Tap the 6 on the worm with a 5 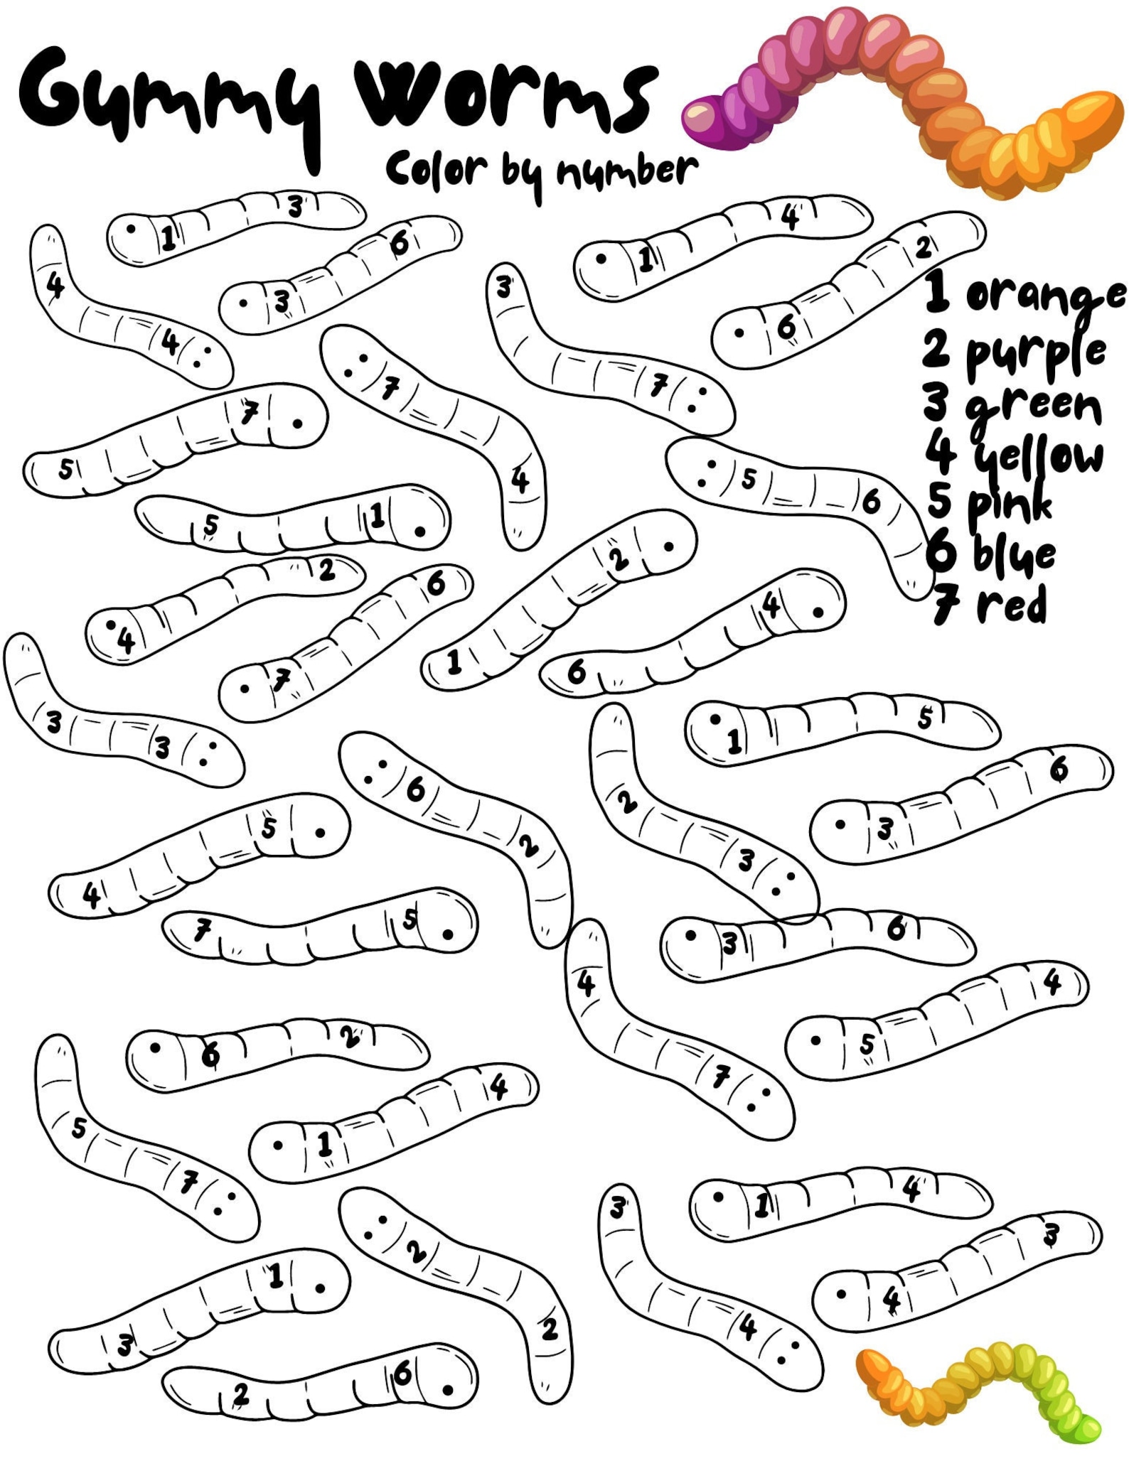click(x=872, y=502)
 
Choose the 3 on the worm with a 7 click(x=504, y=287)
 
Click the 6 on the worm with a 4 click(x=577, y=671)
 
